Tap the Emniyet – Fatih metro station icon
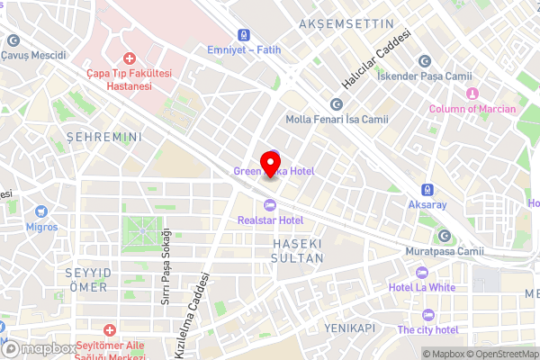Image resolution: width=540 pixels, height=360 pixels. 244,33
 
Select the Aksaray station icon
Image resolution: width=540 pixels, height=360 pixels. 427,190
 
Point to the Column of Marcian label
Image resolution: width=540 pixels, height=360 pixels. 472,109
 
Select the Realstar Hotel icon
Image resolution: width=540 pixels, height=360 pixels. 270,204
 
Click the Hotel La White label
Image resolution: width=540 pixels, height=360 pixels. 422,286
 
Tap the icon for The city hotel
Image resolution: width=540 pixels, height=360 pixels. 427,315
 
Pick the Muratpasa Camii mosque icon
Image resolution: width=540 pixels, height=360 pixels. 445,236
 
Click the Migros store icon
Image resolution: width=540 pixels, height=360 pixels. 41,212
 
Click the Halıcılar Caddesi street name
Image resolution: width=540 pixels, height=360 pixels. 377,59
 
